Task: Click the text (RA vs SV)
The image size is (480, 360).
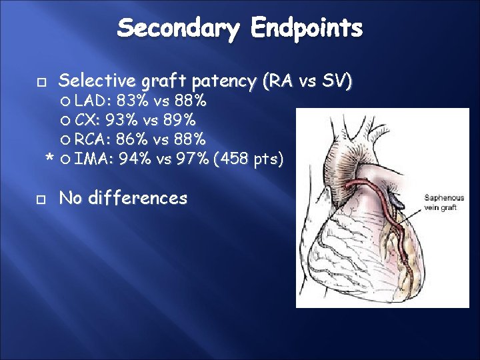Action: pos(307,81)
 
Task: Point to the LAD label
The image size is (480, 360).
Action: pos(93,102)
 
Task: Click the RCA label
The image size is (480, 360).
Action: pos(93,141)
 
